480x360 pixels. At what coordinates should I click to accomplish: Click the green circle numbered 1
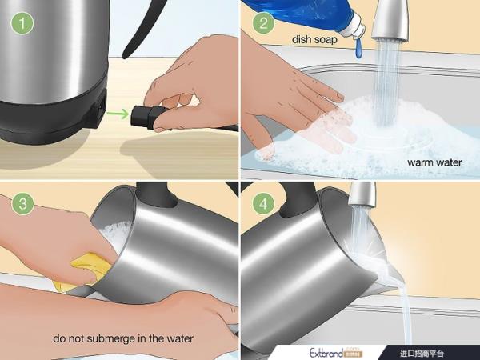[x=22, y=23]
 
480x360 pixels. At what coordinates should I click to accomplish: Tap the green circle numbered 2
[x=263, y=23]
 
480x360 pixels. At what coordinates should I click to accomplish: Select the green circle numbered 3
[x=22, y=204]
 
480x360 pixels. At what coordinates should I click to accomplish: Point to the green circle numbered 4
[x=263, y=204]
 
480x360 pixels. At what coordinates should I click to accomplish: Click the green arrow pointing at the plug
[x=118, y=114]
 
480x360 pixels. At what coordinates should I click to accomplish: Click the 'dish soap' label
[x=314, y=39]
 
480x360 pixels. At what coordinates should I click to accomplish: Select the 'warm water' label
[x=434, y=162]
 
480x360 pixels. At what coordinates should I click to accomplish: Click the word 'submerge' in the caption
[x=106, y=338]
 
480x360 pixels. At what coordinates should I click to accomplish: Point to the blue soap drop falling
[x=358, y=50]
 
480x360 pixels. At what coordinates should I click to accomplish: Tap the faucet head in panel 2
[x=391, y=21]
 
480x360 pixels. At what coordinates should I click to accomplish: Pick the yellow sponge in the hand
[x=83, y=270]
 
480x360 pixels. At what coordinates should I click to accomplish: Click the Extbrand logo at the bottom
[x=335, y=353]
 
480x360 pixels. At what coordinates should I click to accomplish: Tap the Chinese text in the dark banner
[x=422, y=354]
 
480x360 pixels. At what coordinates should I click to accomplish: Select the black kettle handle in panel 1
[x=143, y=28]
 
